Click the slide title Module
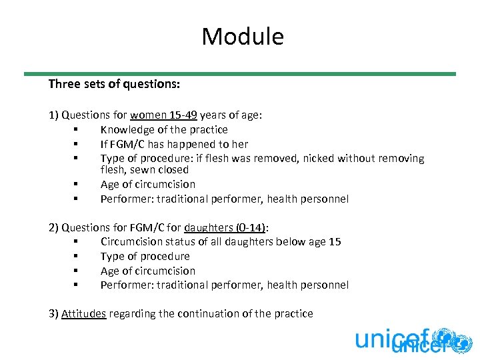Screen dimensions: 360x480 [x=243, y=36]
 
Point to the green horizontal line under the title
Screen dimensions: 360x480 [x=240, y=74]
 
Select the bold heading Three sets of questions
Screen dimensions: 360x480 [x=114, y=85]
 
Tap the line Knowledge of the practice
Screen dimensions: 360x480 [x=164, y=129]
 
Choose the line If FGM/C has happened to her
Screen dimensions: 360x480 [x=174, y=144]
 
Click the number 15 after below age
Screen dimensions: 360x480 [x=335, y=241]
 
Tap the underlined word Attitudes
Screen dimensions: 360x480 [x=84, y=313]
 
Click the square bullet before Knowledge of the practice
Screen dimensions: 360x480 [x=77, y=130]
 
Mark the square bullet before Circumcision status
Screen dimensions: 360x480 [x=77, y=242]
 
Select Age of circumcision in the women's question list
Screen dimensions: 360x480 [x=148, y=184]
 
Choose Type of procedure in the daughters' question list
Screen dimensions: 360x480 [x=145, y=256]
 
